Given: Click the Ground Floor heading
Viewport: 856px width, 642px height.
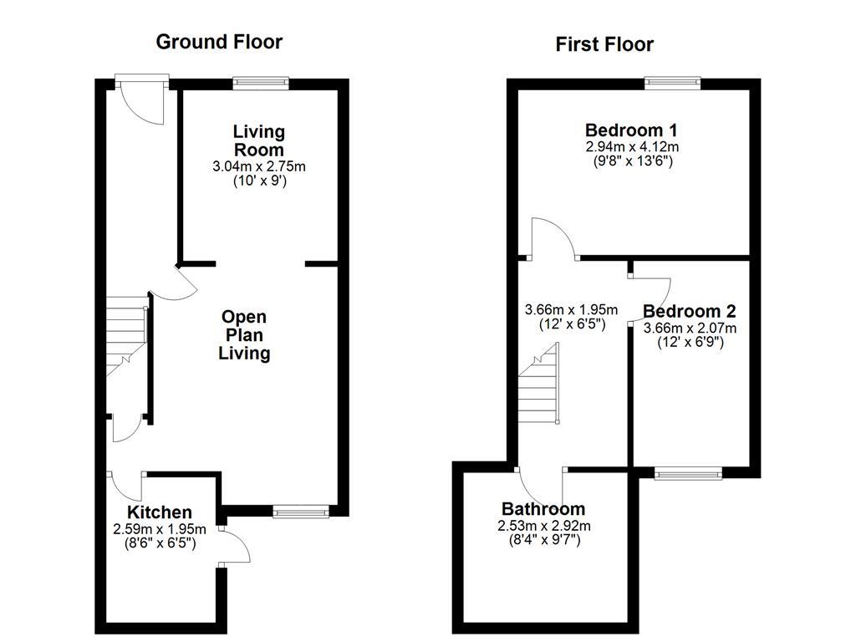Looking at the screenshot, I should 219,42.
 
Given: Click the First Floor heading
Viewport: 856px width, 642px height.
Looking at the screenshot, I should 604,44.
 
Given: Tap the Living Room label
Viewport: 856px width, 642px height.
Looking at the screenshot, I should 259,140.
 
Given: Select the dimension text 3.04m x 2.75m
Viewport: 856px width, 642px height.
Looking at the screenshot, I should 259,166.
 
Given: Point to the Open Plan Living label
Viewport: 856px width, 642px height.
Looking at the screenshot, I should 244,335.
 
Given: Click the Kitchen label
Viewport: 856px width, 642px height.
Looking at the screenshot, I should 159,512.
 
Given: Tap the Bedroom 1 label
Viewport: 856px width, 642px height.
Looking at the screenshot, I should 630,130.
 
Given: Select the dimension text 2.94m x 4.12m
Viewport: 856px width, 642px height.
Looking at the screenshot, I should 631,145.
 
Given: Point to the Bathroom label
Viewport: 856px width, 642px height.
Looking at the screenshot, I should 543,509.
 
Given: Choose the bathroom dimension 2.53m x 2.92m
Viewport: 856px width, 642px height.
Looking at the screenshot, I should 543,526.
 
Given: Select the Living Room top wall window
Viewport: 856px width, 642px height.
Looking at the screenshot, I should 261,82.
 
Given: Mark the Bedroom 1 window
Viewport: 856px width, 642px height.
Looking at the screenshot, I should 672,82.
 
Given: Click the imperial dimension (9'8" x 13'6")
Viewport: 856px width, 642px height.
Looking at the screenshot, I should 631,160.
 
